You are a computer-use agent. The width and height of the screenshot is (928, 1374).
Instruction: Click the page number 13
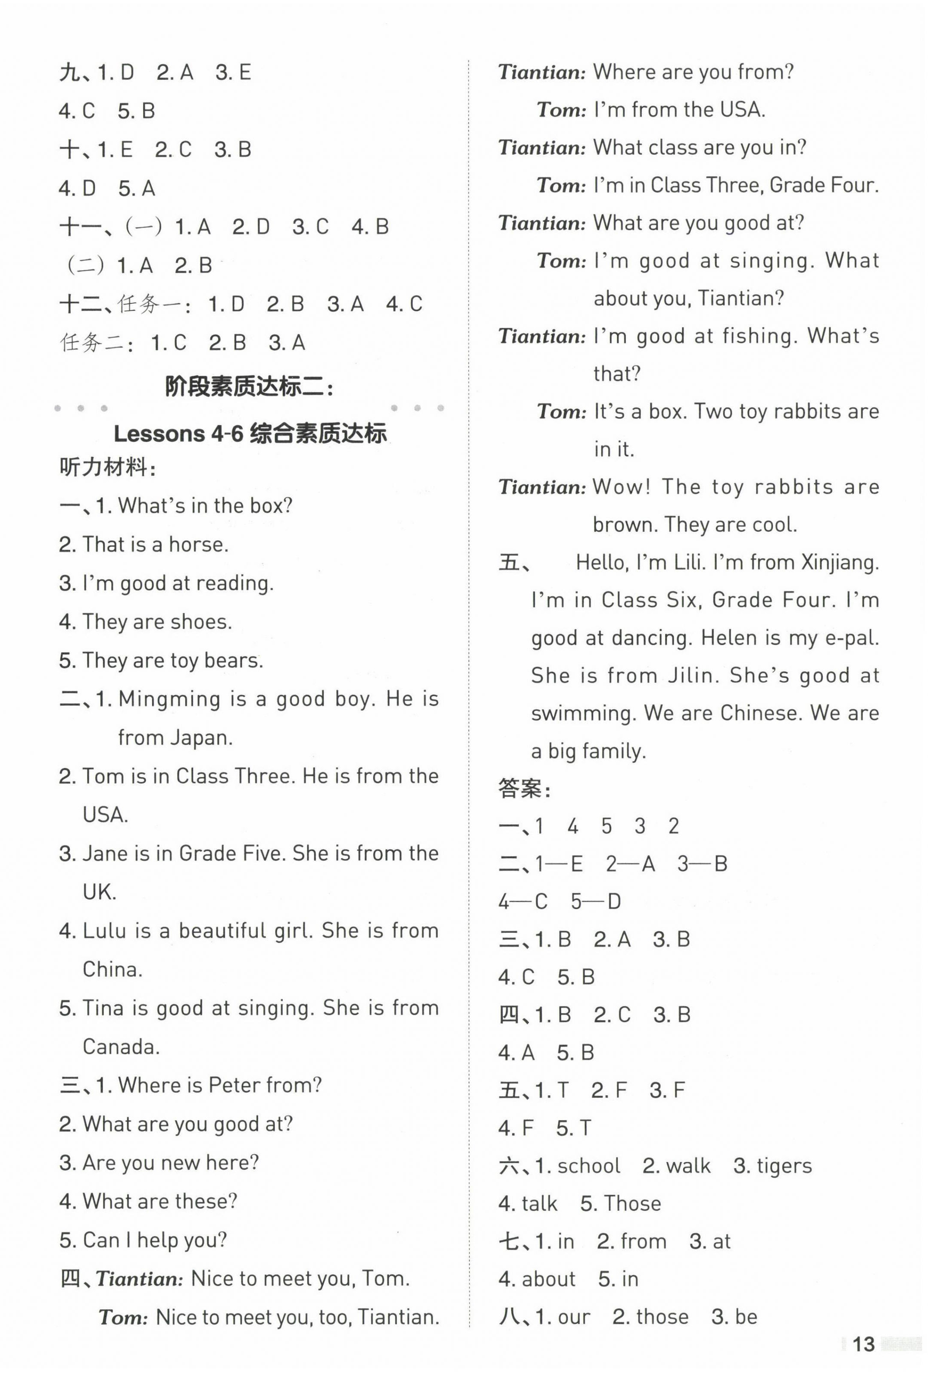coord(863,1344)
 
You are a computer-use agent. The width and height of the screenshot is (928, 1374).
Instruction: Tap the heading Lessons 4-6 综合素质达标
coord(250,433)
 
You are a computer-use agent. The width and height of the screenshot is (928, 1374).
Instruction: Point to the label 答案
coord(524,789)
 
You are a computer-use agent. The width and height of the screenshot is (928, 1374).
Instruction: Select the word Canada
coord(121,1047)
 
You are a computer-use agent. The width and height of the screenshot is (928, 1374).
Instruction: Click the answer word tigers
coord(784,1166)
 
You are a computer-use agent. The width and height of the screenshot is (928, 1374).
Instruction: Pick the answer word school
coord(588,1166)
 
